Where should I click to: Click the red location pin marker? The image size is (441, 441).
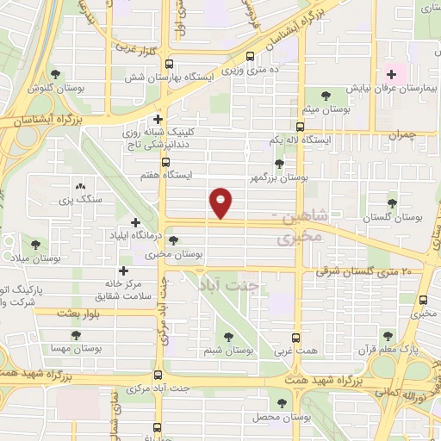(x=221, y=203)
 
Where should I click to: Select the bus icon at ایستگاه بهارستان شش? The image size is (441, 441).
(x=169, y=64)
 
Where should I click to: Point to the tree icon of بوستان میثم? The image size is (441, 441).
(x=325, y=95)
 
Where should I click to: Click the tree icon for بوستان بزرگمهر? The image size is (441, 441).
(x=278, y=164)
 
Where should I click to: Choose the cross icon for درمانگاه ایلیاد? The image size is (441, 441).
(x=134, y=222)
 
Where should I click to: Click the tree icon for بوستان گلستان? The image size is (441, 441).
(x=393, y=203)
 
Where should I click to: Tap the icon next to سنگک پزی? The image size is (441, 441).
(x=81, y=186)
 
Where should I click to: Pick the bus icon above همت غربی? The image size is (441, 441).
(x=297, y=338)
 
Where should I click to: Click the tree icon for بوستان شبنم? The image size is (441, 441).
(x=228, y=337)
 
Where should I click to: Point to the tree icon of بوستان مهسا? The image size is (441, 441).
(x=75, y=335)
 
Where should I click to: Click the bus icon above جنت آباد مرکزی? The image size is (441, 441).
(x=157, y=375)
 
